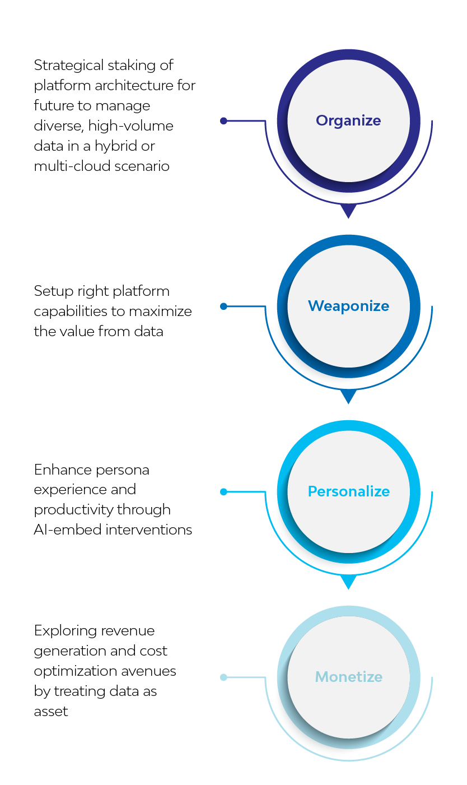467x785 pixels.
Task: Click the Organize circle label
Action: click(348, 121)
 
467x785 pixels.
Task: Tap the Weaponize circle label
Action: click(349, 306)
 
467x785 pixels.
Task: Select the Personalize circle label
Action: click(349, 491)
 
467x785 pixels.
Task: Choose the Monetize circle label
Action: click(349, 677)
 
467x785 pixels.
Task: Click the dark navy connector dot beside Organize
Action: click(223, 121)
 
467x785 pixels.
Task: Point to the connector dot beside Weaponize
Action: click(223, 306)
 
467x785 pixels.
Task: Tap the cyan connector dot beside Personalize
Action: click(223, 492)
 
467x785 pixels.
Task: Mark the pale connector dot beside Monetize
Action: click(223, 677)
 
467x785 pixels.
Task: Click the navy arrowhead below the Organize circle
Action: click(348, 210)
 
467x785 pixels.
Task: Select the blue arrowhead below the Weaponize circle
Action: click(348, 396)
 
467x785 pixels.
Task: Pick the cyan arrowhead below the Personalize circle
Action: click(348, 581)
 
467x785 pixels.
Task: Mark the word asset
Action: click(51, 712)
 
